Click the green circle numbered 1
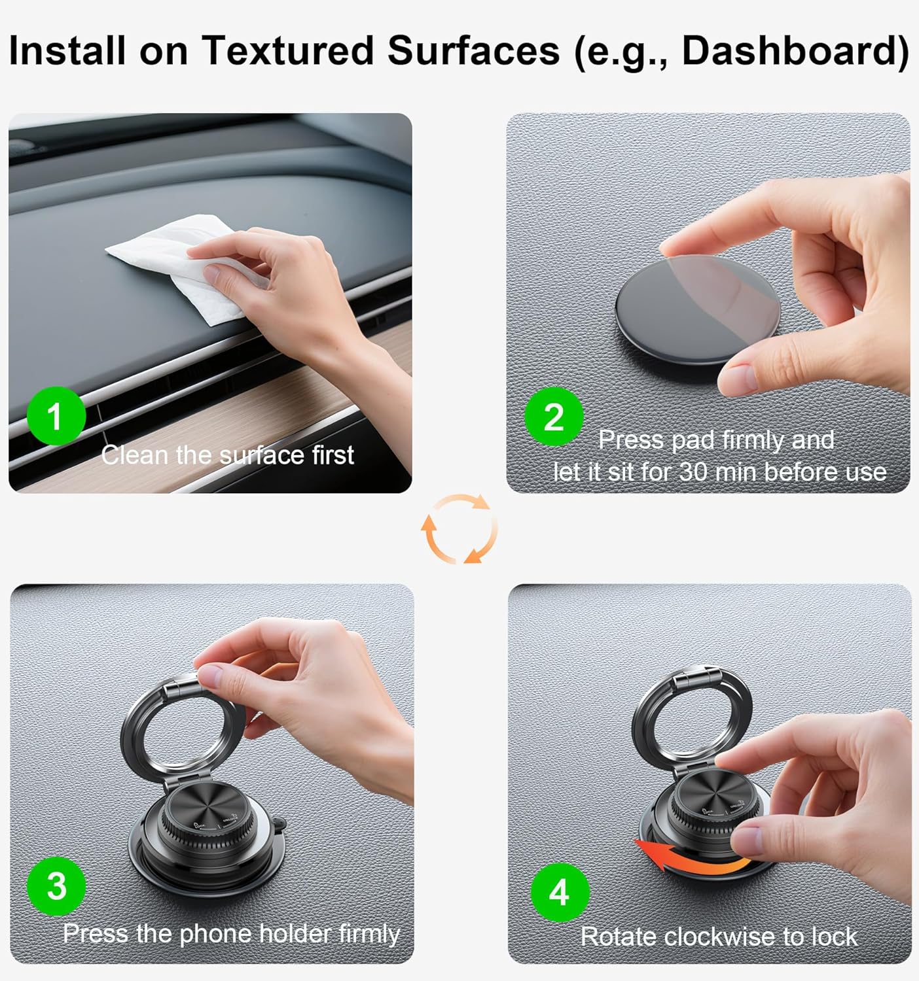point(56,416)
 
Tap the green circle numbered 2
point(554,417)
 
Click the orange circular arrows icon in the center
point(459,528)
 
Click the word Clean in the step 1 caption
point(135,455)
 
